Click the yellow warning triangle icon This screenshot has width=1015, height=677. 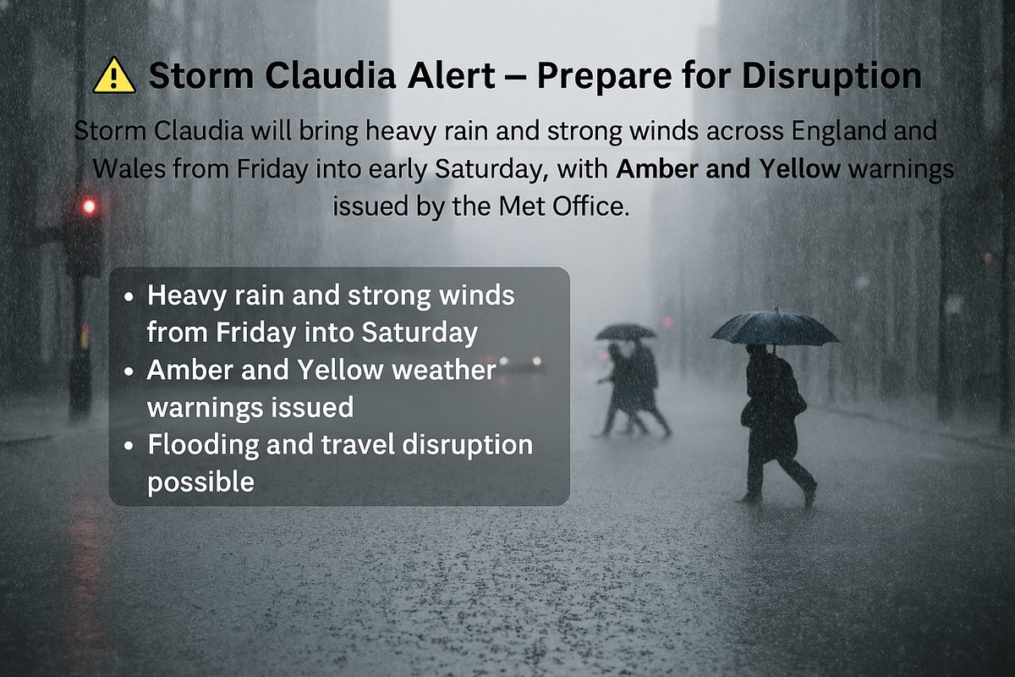tap(114, 76)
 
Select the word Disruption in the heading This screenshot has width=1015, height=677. tap(831, 77)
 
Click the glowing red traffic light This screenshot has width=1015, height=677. tap(89, 206)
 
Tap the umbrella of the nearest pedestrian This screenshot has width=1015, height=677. tap(774, 328)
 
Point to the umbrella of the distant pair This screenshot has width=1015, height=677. tap(625, 332)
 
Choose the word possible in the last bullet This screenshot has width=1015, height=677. tap(200, 482)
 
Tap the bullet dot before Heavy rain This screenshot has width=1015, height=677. tap(129, 298)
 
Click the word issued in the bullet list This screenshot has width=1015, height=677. tap(310, 407)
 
